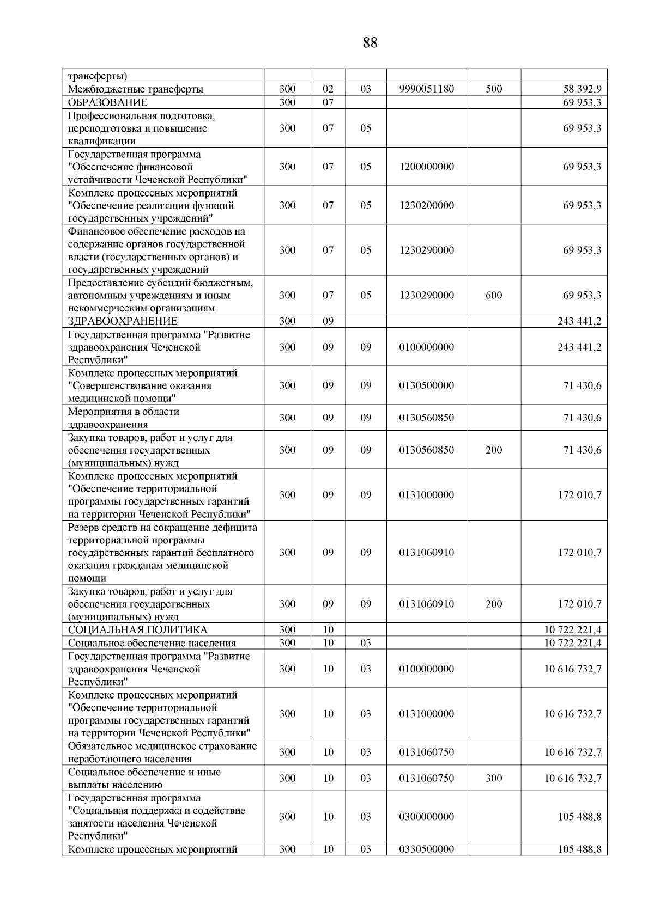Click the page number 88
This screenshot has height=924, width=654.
click(x=370, y=42)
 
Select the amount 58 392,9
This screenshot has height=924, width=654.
click(x=582, y=89)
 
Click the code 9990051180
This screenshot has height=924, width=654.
click(x=426, y=89)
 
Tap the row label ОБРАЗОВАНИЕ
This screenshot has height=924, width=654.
click(x=107, y=102)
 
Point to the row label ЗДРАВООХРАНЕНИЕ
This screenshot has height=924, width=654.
click(x=123, y=321)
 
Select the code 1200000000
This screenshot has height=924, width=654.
click(x=426, y=167)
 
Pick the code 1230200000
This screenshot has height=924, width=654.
click(x=426, y=205)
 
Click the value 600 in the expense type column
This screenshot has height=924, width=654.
click(x=493, y=295)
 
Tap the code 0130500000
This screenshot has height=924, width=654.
click(x=426, y=385)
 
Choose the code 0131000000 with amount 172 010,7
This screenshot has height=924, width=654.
click(x=426, y=494)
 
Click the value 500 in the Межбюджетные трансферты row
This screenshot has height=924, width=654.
click(x=493, y=89)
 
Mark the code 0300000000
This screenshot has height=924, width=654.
click(x=426, y=816)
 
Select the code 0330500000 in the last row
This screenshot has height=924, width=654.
click(x=426, y=849)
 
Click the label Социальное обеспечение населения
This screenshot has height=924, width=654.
click(x=152, y=642)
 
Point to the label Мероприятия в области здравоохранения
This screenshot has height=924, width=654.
click(x=123, y=418)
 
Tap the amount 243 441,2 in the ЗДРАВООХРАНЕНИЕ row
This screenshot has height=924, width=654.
click(x=579, y=321)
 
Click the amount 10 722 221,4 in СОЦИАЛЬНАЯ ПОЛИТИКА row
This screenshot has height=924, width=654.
click(x=572, y=629)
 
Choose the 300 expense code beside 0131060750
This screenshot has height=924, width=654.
click(x=493, y=778)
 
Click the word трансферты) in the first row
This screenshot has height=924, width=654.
click(x=98, y=76)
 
